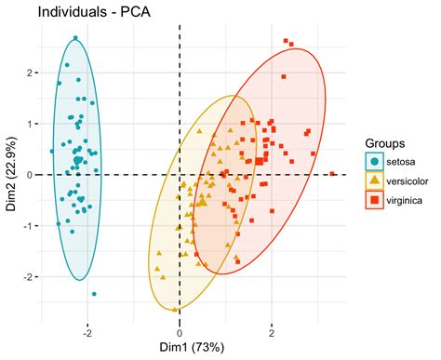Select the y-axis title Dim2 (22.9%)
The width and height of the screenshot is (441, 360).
(x=11, y=174)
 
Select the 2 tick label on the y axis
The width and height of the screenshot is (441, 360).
(x=30, y=73)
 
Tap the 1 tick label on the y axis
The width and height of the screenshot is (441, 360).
(x=30, y=124)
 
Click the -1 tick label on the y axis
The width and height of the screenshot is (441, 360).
(x=28, y=226)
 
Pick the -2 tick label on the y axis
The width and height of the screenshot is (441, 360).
(x=28, y=277)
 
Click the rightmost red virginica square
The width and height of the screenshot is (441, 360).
(x=332, y=173)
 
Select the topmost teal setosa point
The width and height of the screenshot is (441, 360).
(x=76, y=39)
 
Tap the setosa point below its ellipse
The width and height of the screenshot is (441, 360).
(x=94, y=294)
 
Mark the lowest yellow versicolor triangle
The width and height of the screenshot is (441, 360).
(x=175, y=308)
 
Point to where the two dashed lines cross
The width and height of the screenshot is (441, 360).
(x=179, y=175)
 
